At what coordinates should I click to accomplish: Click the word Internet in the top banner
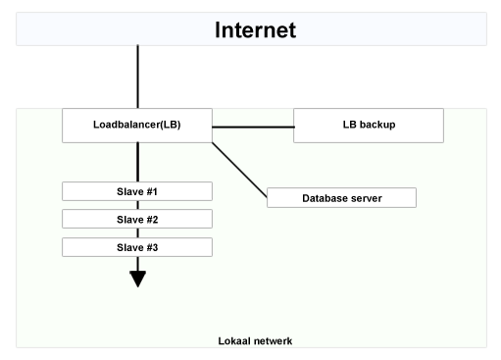pyautogui.click(x=255, y=29)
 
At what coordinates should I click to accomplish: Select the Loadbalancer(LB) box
pyautogui.click(x=136, y=125)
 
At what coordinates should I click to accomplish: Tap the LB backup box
pyautogui.click(x=369, y=125)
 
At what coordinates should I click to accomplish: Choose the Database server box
pyautogui.click(x=342, y=198)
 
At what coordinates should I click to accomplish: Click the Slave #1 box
pyautogui.click(x=136, y=190)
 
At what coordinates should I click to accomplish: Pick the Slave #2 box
pyautogui.click(x=136, y=219)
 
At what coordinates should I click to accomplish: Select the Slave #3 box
pyautogui.click(x=136, y=247)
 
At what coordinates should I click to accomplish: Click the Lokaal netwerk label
pyautogui.click(x=255, y=340)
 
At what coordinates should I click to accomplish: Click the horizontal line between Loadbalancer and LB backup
pyautogui.click(x=252, y=127)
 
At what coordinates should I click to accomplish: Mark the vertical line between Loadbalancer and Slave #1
pyautogui.click(x=137, y=161)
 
